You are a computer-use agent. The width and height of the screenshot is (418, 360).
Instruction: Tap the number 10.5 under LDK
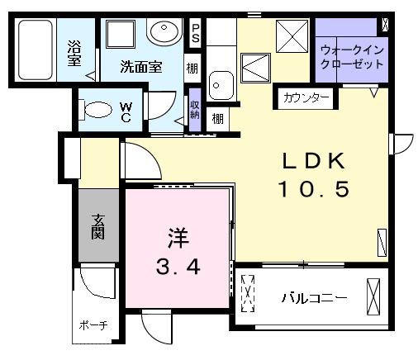[314, 189]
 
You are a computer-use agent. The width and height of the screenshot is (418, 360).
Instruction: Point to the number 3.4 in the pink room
[178, 268]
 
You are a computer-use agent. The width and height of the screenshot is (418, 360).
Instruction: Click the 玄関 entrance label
[97, 225]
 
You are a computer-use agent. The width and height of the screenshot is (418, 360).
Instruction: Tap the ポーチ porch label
[93, 324]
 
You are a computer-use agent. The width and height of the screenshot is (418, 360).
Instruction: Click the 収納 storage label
[194, 109]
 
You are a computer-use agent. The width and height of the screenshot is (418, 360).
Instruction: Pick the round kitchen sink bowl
[220, 83]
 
